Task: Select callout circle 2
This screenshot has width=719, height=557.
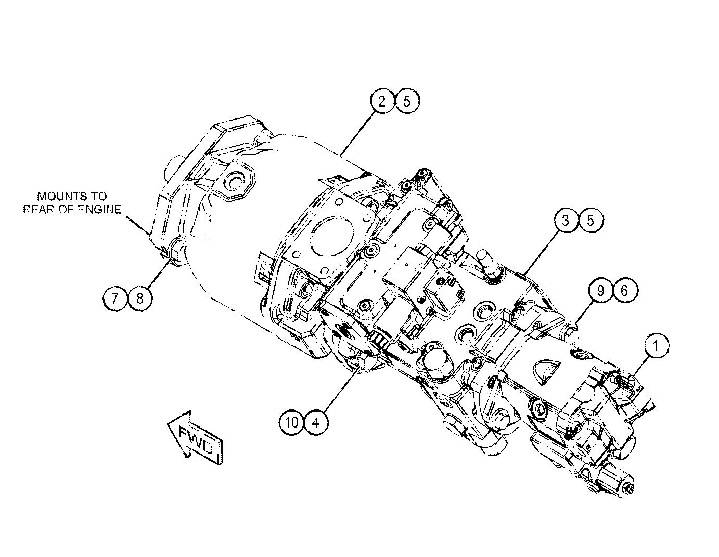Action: click(382, 101)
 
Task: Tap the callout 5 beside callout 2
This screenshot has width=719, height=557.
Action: click(407, 101)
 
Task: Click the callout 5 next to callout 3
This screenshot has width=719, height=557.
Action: click(590, 221)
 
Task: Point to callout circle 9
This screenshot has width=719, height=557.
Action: click(601, 291)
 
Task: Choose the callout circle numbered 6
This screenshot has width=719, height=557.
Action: click(625, 291)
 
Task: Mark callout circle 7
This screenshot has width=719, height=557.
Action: click(115, 299)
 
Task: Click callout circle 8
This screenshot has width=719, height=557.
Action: click(139, 299)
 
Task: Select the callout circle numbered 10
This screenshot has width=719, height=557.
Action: click(292, 422)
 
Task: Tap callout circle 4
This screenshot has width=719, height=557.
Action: click(316, 422)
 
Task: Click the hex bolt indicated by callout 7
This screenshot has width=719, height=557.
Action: click(177, 251)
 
